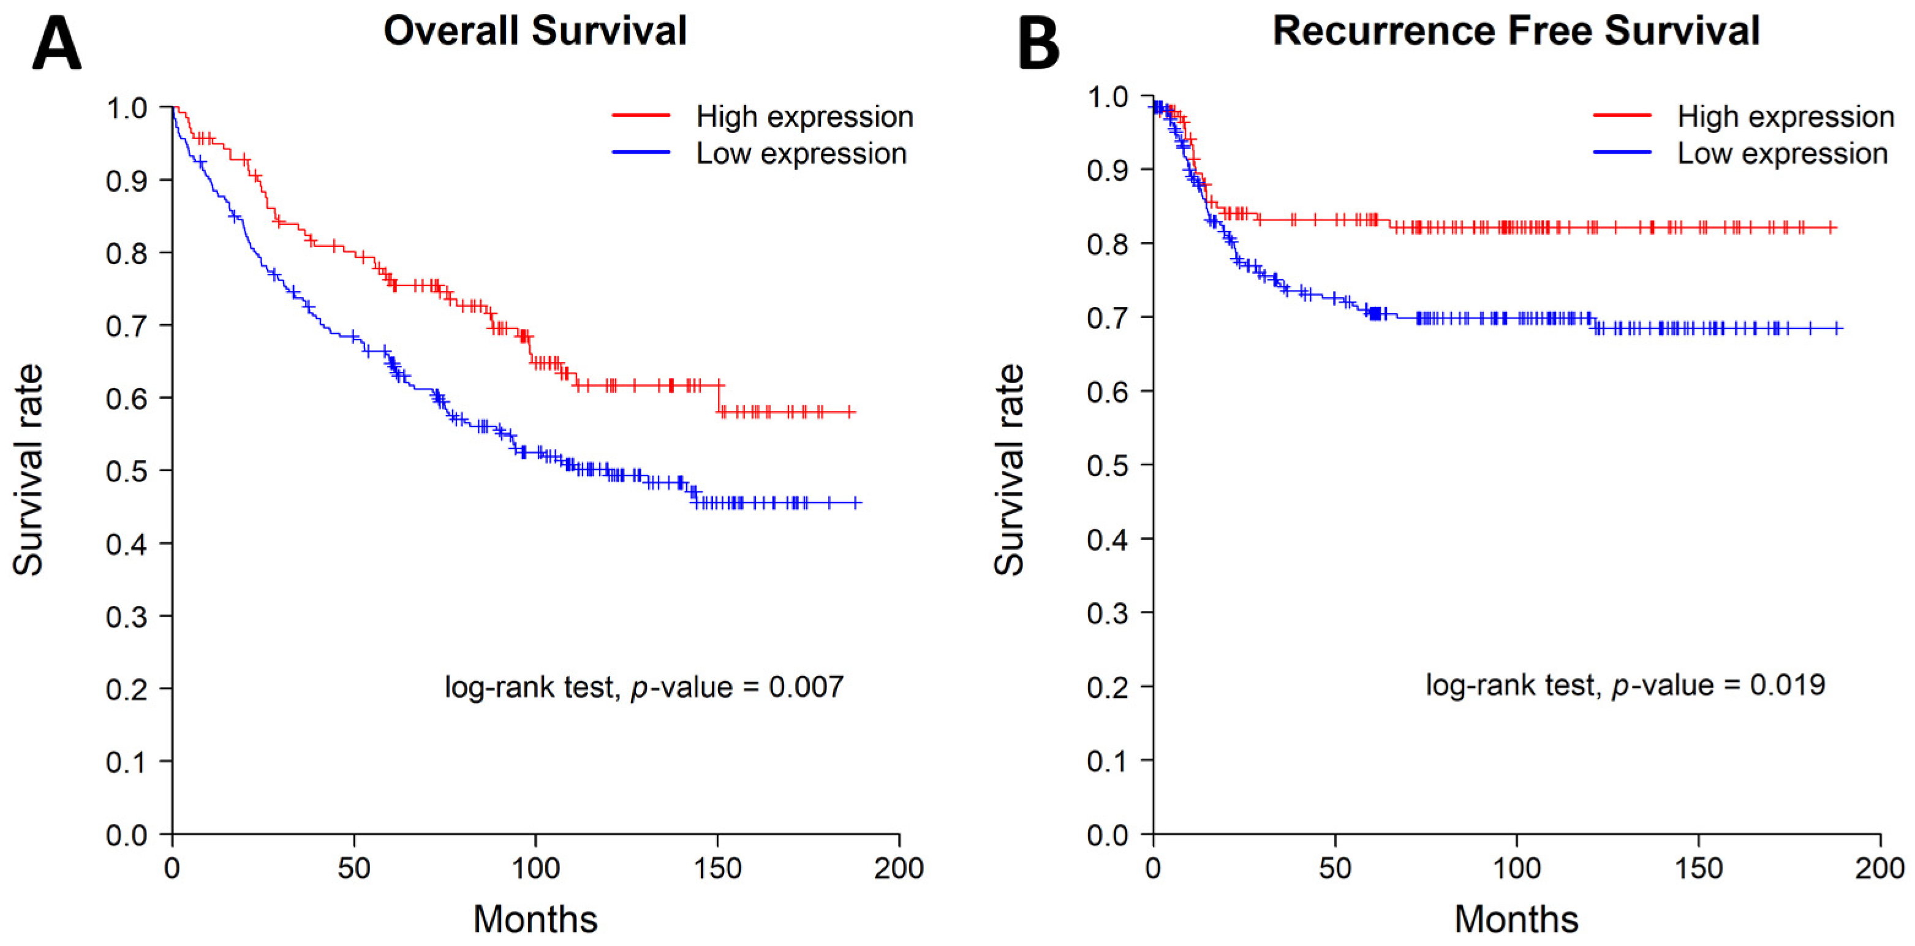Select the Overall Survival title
(x=535, y=31)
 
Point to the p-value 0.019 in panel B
(x=1787, y=685)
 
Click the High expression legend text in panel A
(x=804, y=117)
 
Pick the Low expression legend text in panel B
(x=1782, y=154)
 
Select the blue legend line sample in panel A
(x=641, y=153)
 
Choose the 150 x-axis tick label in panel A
(x=717, y=868)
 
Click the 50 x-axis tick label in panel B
(x=1334, y=868)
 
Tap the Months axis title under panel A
(x=535, y=919)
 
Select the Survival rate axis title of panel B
(x=1009, y=470)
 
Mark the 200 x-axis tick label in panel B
(x=1879, y=868)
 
